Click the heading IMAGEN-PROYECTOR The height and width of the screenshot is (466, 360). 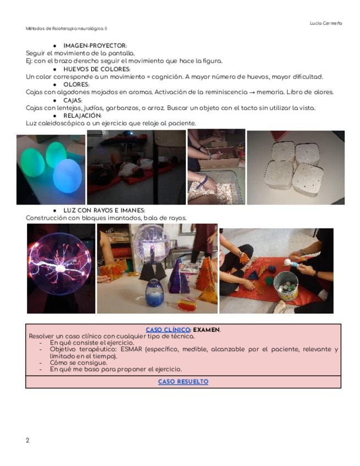(x=95, y=46)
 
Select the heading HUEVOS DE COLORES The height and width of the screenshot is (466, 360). (x=97, y=69)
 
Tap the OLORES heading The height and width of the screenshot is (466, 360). (x=76, y=85)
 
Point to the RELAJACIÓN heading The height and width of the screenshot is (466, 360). (x=82, y=115)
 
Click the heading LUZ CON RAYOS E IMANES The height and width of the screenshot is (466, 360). (x=104, y=210)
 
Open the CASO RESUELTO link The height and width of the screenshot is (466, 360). (x=183, y=381)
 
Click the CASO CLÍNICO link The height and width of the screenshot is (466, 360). (x=168, y=330)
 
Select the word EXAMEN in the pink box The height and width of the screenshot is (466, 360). (x=206, y=330)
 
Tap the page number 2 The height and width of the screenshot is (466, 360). (x=27, y=440)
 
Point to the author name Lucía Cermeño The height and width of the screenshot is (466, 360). (x=326, y=23)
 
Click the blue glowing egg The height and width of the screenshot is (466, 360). (x=67, y=176)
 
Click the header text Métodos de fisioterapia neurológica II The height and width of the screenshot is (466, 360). (x=67, y=29)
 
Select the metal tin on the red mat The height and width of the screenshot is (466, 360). (x=286, y=286)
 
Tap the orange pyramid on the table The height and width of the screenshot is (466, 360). (x=205, y=275)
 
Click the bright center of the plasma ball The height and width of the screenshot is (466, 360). (x=60, y=268)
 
